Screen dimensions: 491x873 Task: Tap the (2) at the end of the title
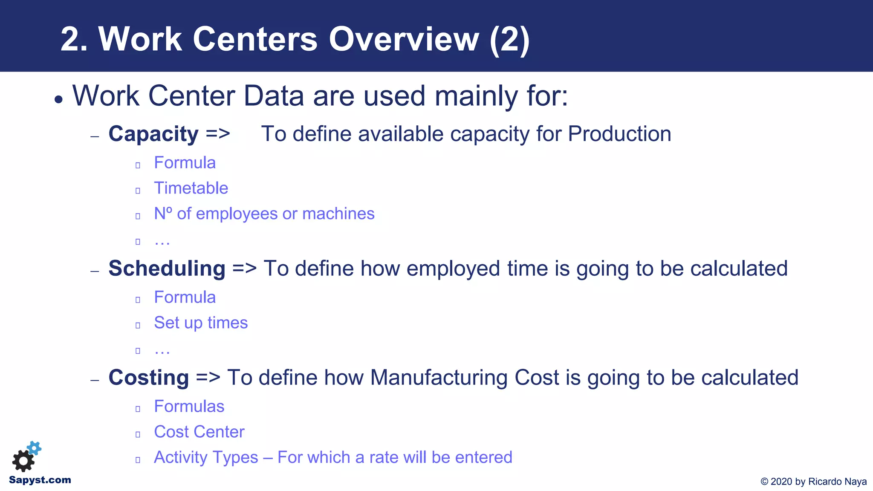[509, 39]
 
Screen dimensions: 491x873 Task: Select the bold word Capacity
[153, 134]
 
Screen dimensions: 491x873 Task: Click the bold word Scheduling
[167, 269]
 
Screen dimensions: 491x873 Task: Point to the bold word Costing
[148, 378]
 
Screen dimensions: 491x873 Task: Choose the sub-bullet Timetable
[191, 188]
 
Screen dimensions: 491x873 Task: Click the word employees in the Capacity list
[236, 214]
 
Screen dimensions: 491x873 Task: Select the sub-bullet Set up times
[201, 323]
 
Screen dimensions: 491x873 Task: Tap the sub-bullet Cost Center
[199, 432]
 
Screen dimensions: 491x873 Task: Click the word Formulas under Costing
[189, 406]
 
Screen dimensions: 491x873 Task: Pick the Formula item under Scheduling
[185, 297]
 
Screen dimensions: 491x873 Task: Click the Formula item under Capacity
[185, 163]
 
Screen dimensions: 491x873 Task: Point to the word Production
[619, 134]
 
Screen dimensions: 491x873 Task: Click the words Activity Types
[206, 457]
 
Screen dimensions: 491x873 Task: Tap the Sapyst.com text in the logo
[40, 480]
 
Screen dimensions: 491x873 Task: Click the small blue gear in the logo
[35, 448]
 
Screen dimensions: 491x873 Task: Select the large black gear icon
[23, 461]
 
